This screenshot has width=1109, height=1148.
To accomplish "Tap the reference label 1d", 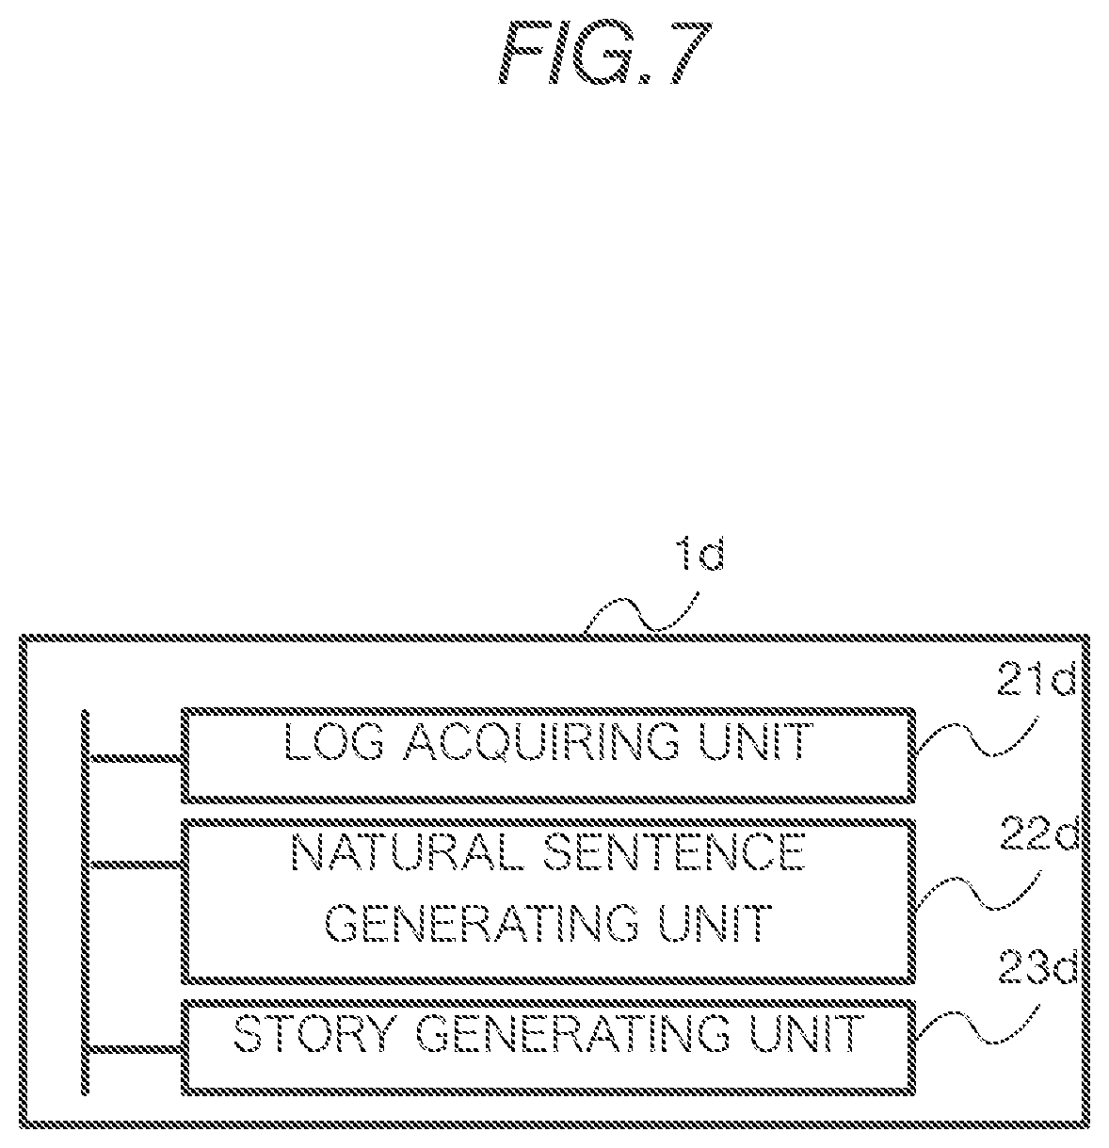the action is [x=701, y=554].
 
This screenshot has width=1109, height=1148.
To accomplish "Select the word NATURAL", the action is [x=408, y=853].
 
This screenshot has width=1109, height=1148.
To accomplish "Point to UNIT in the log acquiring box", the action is [x=755, y=741].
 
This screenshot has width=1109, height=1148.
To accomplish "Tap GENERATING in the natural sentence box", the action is [x=481, y=923].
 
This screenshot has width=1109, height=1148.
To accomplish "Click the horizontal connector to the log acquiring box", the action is [x=135, y=759].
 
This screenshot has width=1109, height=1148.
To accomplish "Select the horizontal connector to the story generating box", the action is [x=135, y=1050].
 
